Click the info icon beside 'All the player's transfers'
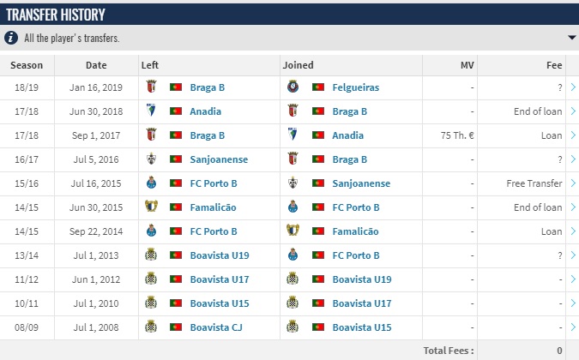[x=11, y=38]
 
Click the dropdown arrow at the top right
[x=571, y=38]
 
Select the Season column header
[x=27, y=65]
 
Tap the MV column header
[x=467, y=65]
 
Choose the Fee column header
[x=554, y=65]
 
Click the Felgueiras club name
[x=355, y=87]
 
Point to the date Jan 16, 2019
[x=96, y=87]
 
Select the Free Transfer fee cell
[x=534, y=183]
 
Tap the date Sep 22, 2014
[x=96, y=231]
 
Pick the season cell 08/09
[x=27, y=327]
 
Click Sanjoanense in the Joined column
[x=361, y=183]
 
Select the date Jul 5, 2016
[x=96, y=159]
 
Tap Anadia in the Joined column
[x=347, y=135]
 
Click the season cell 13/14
[x=27, y=255]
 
